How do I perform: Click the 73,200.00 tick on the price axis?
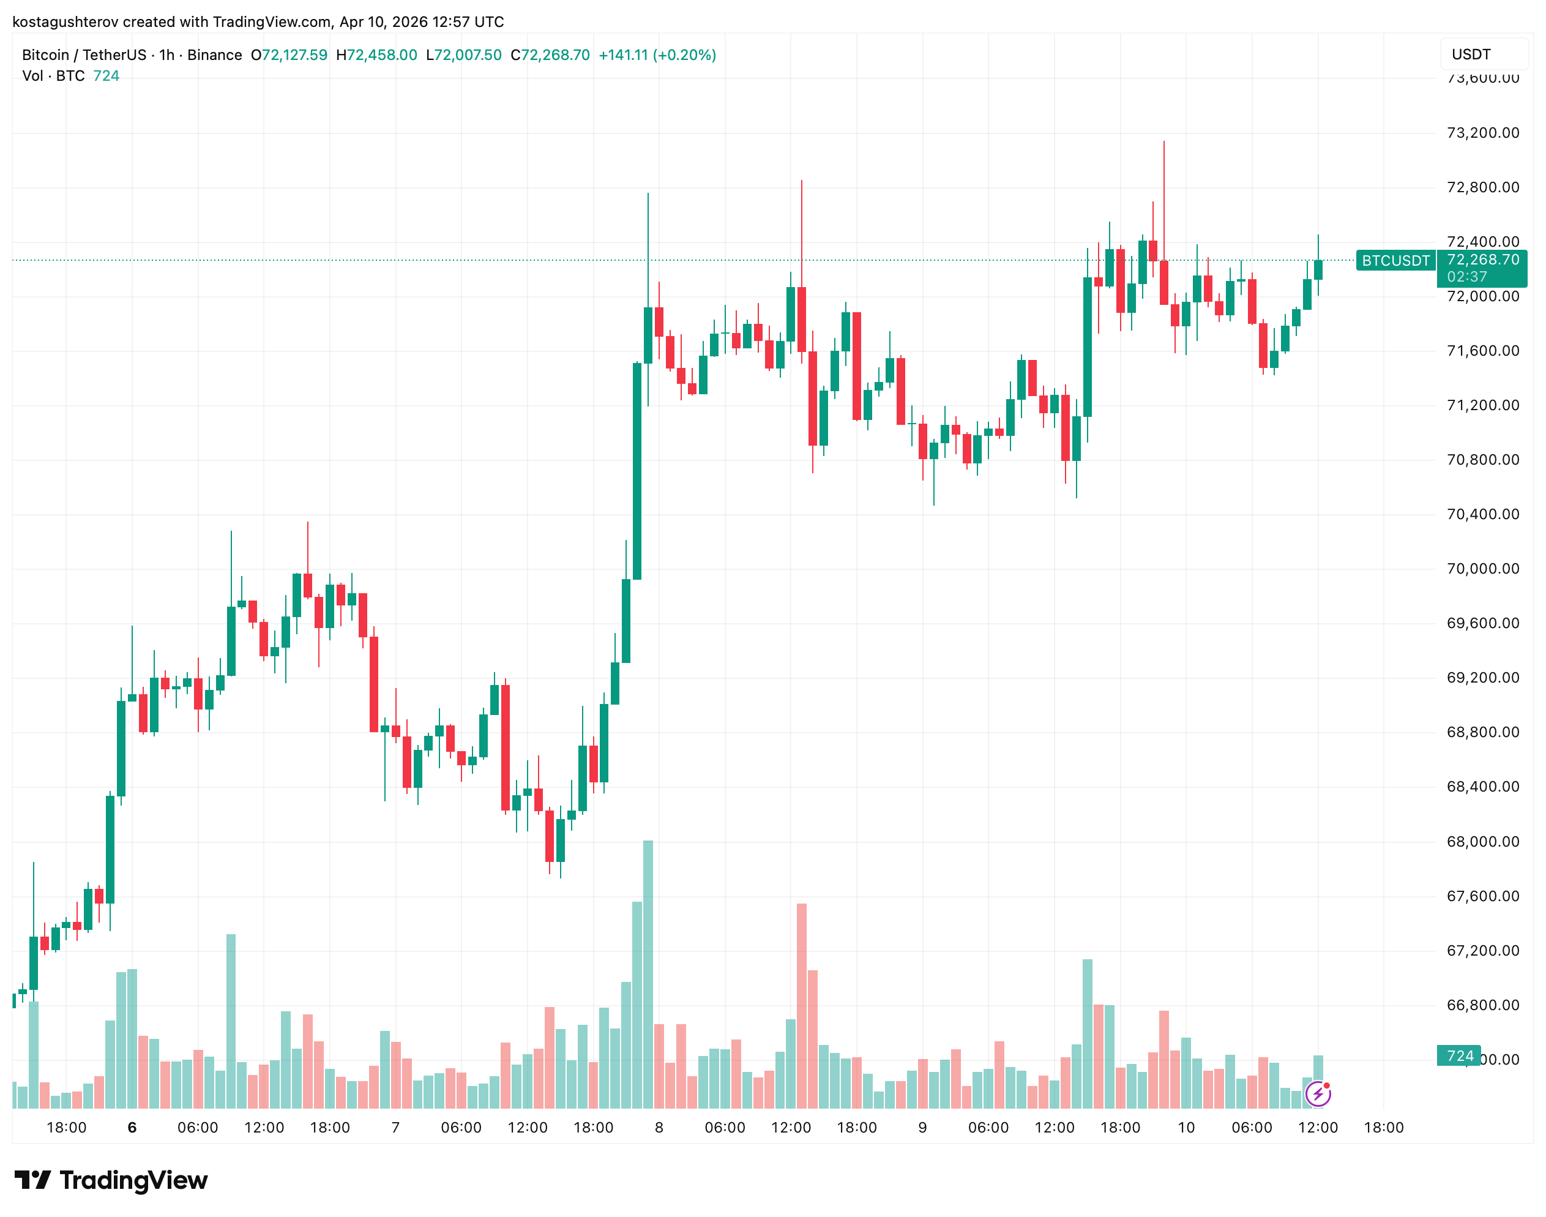[x=1482, y=132]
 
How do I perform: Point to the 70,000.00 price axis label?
[x=1482, y=569]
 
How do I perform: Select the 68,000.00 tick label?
[x=1482, y=842]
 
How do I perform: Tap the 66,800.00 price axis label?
[x=1482, y=1005]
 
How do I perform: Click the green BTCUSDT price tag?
[x=1395, y=261]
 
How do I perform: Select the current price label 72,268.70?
[x=1482, y=260]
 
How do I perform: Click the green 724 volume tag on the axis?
[x=1459, y=1056]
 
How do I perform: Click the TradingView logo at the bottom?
[x=111, y=1181]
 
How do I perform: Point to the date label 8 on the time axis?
[x=659, y=1127]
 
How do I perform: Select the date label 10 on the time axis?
[x=1186, y=1127]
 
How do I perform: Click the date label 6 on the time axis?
[x=132, y=1127]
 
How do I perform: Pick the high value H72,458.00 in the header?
[x=376, y=55]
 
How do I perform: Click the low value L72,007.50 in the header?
[x=463, y=55]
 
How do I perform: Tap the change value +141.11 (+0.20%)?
[x=657, y=55]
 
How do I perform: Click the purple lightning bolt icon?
[x=1317, y=1094]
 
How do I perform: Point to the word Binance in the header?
[x=214, y=55]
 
